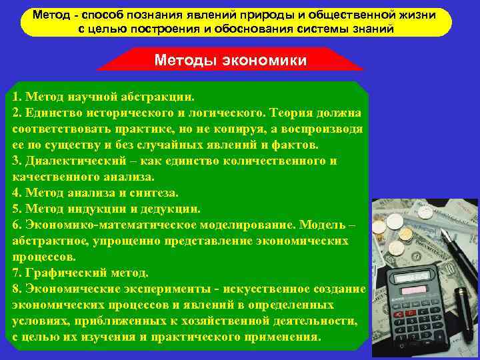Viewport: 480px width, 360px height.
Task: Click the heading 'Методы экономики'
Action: [x=230, y=60]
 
